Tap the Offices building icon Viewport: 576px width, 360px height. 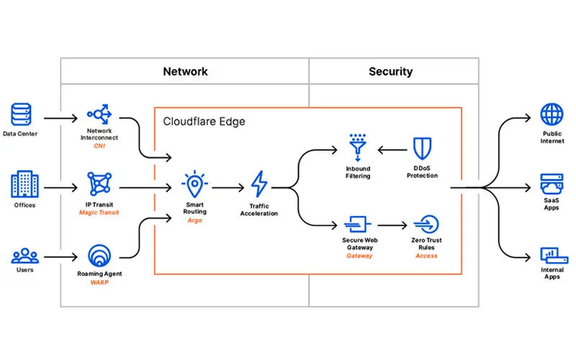(x=24, y=185)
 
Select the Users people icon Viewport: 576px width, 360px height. (x=24, y=256)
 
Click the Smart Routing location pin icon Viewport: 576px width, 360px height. (x=194, y=184)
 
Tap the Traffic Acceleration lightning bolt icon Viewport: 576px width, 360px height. (x=258, y=184)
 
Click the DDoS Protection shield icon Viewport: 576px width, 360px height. (x=422, y=149)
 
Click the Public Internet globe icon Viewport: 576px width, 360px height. (x=552, y=114)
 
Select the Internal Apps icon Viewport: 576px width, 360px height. (x=552, y=256)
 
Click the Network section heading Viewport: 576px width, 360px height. (x=185, y=71)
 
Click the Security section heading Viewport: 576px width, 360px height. (x=390, y=71)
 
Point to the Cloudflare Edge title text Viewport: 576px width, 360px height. (x=204, y=121)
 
